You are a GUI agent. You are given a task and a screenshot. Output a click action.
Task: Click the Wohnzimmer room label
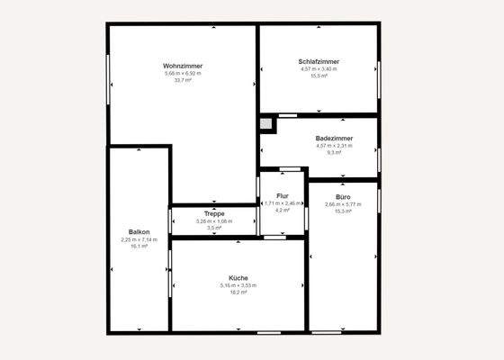[183, 66]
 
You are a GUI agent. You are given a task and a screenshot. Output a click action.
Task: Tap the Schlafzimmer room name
[319, 61]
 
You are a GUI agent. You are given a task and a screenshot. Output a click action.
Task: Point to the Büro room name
[343, 196]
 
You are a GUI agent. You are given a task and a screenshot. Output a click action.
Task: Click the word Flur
[283, 195]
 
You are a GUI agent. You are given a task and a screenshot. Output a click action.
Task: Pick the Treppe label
[214, 213]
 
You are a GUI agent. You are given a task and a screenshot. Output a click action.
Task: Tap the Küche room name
[238, 278]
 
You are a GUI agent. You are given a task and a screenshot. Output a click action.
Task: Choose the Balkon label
[139, 232]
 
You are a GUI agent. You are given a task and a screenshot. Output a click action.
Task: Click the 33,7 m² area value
[183, 80]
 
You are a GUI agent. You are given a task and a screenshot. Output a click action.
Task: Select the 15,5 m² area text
[319, 76]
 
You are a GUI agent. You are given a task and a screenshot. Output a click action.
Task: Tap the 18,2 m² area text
[238, 292]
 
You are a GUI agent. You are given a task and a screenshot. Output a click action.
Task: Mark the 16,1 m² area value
[139, 247]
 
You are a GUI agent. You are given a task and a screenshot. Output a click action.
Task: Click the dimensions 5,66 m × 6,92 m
[183, 73]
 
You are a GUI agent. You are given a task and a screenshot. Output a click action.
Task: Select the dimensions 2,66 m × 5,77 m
[343, 204]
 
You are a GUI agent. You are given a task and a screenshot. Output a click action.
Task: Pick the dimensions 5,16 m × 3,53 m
[238, 285]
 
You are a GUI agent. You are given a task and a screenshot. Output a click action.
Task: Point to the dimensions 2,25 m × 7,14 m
[139, 239]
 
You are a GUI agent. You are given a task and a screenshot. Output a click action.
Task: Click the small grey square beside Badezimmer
[266, 124]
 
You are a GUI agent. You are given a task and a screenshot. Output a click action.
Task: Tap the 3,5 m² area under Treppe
[214, 228]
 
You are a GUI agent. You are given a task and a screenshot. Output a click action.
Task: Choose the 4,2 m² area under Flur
[283, 211]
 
